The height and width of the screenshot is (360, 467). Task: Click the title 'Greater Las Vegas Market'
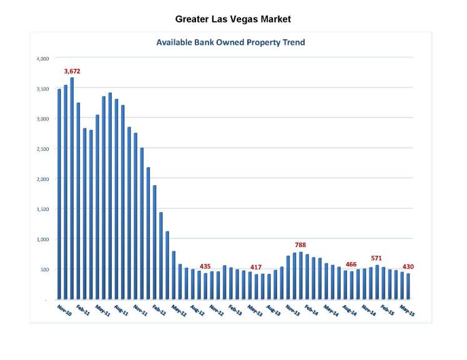(233, 19)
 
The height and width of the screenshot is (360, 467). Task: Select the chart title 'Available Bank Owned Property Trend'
(230, 42)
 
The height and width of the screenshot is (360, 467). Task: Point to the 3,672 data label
(72, 71)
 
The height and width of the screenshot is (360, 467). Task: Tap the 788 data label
(300, 245)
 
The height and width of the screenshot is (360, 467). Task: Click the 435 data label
(205, 266)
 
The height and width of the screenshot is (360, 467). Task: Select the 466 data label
(351, 265)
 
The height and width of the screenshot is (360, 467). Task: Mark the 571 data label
(376, 258)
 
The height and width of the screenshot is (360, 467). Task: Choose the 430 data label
(408, 267)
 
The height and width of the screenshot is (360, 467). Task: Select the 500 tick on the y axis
(44, 270)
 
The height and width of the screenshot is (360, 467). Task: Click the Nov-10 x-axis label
(64, 310)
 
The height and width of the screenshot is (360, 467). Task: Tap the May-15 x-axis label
(407, 310)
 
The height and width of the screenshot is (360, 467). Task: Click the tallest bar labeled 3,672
(72, 187)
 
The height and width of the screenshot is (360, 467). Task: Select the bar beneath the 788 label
(300, 275)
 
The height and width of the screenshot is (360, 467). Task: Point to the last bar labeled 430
(408, 286)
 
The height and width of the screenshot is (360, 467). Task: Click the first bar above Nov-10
(59, 193)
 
